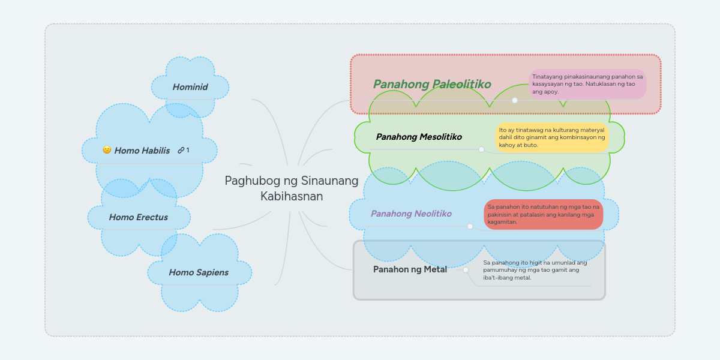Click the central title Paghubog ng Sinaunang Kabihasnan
292,188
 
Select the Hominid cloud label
190,87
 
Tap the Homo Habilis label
142,150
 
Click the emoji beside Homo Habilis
107,150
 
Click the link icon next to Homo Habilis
181,150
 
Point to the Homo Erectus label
139,217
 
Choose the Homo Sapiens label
199,272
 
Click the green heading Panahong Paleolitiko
432,84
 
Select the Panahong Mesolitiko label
419,137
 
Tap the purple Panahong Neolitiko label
411,214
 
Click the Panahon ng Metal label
410,269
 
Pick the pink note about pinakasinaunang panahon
587,84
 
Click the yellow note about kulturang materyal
551,137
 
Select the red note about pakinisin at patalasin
543,214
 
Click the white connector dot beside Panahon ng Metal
466,270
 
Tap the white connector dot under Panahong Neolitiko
470,226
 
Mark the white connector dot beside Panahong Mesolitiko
481,149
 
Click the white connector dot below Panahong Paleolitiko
515,100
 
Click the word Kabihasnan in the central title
292,196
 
